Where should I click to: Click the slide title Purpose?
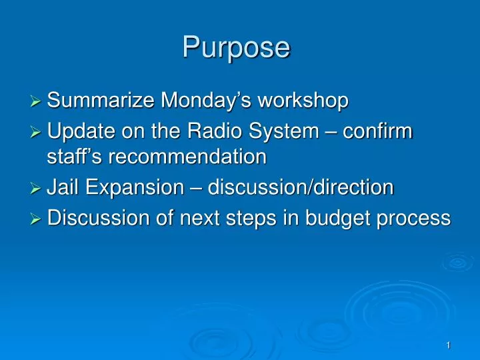(237, 48)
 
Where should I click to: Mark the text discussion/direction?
(301, 188)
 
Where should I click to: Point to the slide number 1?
(449, 345)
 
